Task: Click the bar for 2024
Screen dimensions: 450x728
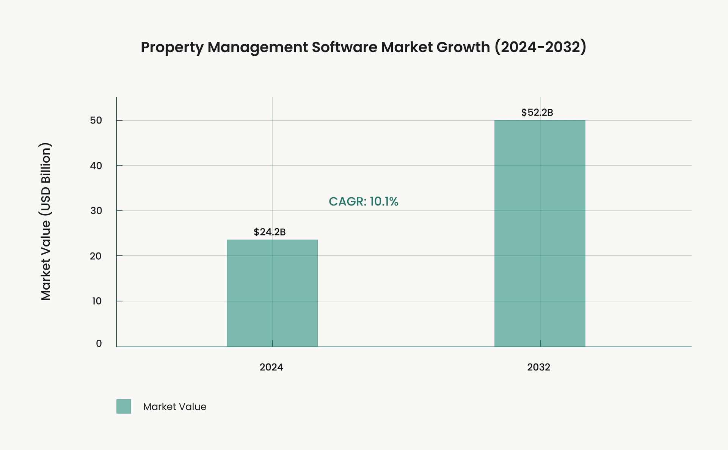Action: tap(272, 293)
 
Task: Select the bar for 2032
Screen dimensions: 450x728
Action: tap(540, 233)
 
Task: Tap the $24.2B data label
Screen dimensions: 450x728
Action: tap(270, 232)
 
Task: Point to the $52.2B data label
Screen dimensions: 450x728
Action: tap(537, 113)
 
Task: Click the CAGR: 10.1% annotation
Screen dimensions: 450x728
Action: tap(363, 202)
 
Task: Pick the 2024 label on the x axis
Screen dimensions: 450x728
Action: tap(271, 367)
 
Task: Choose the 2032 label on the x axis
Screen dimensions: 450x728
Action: tap(538, 367)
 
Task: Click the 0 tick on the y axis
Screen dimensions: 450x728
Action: tap(99, 344)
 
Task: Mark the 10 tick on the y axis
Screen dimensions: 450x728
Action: tap(96, 301)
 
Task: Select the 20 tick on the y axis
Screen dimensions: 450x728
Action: tap(96, 256)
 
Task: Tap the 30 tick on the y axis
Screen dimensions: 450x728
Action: tap(96, 211)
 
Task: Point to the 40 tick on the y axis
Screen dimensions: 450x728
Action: tap(96, 166)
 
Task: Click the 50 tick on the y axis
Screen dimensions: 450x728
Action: tap(96, 121)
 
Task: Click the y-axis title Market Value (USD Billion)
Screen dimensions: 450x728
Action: tap(46, 222)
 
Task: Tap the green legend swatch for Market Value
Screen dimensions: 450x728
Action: tap(124, 406)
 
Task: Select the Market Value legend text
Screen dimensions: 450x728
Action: tap(175, 407)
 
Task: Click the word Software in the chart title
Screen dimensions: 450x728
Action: tap(344, 47)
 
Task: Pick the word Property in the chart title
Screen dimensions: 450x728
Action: tap(172, 47)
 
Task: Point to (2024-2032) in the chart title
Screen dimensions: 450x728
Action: tap(540, 47)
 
